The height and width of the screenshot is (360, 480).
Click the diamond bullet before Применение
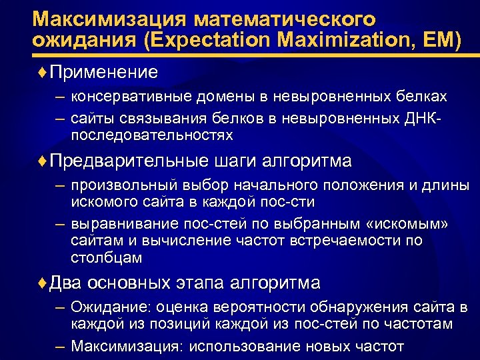(43, 72)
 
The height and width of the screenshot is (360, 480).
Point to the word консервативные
(133, 97)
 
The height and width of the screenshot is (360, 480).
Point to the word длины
(447, 185)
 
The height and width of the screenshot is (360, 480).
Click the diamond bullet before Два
(43, 283)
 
